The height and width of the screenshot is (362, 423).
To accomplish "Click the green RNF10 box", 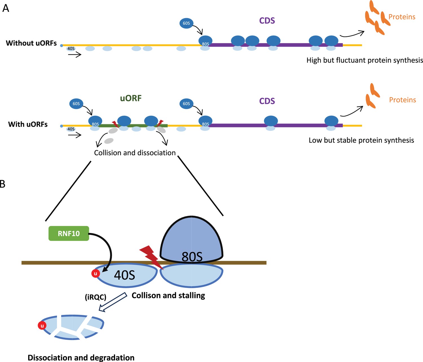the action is (69, 234).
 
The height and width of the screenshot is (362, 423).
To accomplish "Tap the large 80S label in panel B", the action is (192, 257).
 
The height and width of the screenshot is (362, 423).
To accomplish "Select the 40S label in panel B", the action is (124, 275).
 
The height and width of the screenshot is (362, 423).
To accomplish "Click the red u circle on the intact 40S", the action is (96, 274).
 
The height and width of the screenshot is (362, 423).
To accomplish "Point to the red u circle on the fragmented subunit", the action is (42, 325).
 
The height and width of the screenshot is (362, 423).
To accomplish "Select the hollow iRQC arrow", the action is (113, 302).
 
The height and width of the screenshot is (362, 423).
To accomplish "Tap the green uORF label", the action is (131, 98).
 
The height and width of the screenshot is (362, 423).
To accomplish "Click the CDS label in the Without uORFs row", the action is (267, 21).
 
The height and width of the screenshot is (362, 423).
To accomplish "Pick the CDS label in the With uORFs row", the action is (267, 101).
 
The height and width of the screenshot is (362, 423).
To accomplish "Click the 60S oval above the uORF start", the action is (76, 104).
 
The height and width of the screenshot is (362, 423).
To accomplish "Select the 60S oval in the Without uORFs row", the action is (186, 23).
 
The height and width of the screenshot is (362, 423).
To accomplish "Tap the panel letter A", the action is (6, 8).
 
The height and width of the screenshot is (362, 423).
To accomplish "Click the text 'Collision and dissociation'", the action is (135, 153).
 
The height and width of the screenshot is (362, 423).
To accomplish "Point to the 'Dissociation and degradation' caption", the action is (81, 357).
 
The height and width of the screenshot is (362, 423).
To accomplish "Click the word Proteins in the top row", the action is (402, 17).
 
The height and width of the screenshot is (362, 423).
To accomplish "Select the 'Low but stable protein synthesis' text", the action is (362, 140).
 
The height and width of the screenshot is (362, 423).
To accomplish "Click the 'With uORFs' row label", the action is (28, 124).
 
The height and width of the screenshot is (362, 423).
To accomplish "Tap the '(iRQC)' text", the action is (96, 297).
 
